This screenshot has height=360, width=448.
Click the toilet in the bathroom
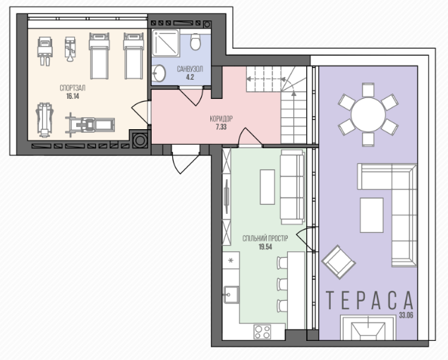(195, 42)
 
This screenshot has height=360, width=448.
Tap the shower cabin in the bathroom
(166, 42)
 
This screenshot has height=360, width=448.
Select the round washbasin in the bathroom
(159, 73)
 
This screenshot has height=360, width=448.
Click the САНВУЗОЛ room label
(190, 69)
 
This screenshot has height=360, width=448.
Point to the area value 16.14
(73, 97)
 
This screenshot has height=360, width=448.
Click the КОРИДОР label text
(221, 119)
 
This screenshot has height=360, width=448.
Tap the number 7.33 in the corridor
(221, 127)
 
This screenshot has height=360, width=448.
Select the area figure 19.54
(265, 247)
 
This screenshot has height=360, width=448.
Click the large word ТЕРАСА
(370, 300)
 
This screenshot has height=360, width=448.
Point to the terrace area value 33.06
(406, 316)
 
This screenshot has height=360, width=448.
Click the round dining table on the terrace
(368, 115)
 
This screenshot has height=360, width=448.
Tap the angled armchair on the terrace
(338, 262)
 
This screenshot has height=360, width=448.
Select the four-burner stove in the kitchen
(262, 332)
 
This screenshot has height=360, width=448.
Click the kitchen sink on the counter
(231, 294)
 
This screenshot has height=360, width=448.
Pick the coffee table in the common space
(267, 187)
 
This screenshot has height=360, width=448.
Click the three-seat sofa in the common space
(292, 187)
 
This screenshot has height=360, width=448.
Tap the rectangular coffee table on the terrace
(371, 215)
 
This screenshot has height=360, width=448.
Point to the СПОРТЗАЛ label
(73, 88)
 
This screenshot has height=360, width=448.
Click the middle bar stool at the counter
(282, 284)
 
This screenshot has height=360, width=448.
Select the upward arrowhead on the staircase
(293, 93)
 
